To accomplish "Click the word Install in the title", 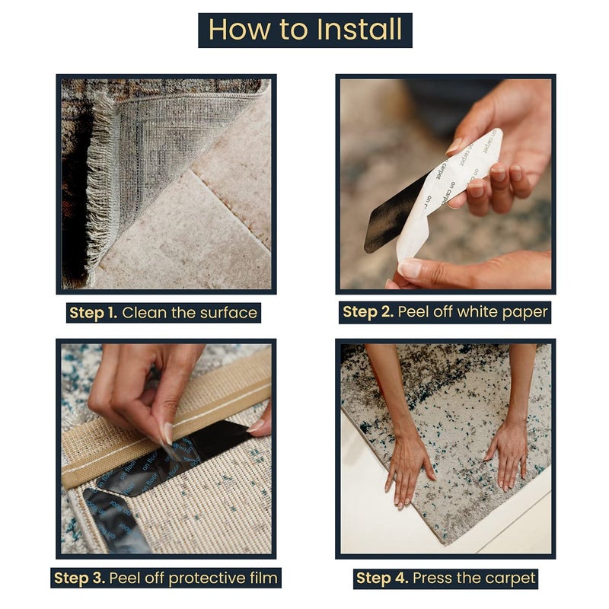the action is pos(359,29).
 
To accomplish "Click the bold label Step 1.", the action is pos(93,313).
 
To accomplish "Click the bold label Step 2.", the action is pos(368,312).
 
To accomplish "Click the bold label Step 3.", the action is pos(80,578).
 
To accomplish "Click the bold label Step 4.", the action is pos(382,578).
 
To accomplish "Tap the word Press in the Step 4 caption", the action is pos(431,578).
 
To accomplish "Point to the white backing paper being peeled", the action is pos(447,187).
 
